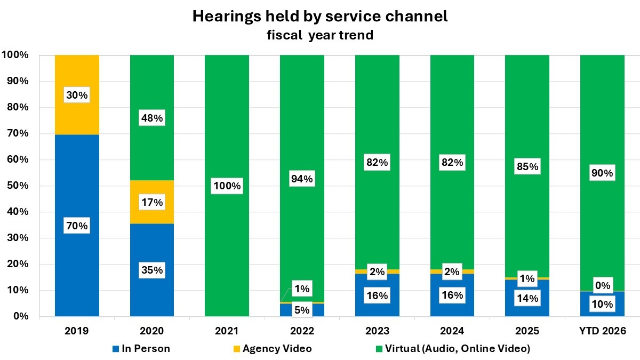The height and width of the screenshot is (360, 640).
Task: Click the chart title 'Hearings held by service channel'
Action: click(319, 17)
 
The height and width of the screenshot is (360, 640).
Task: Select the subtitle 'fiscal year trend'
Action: click(319, 36)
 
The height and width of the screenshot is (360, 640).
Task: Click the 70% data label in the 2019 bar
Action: click(77, 226)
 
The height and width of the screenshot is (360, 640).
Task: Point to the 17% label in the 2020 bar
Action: click(152, 203)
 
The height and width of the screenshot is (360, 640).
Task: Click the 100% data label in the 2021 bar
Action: click(227, 187)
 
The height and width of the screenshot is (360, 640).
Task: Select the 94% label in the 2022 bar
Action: click(302, 179)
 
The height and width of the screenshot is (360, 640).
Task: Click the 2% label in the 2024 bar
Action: click(452, 272)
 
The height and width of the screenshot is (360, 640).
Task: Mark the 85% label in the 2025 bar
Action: click(527, 167)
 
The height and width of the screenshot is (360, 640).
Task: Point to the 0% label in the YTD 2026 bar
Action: click(603, 286)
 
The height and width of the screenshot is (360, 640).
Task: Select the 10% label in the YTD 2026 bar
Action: click(603, 305)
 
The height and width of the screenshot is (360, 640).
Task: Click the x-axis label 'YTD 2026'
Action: click(602, 331)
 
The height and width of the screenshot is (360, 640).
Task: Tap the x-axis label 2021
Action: click(227, 331)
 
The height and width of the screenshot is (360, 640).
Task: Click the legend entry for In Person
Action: click(142, 349)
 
